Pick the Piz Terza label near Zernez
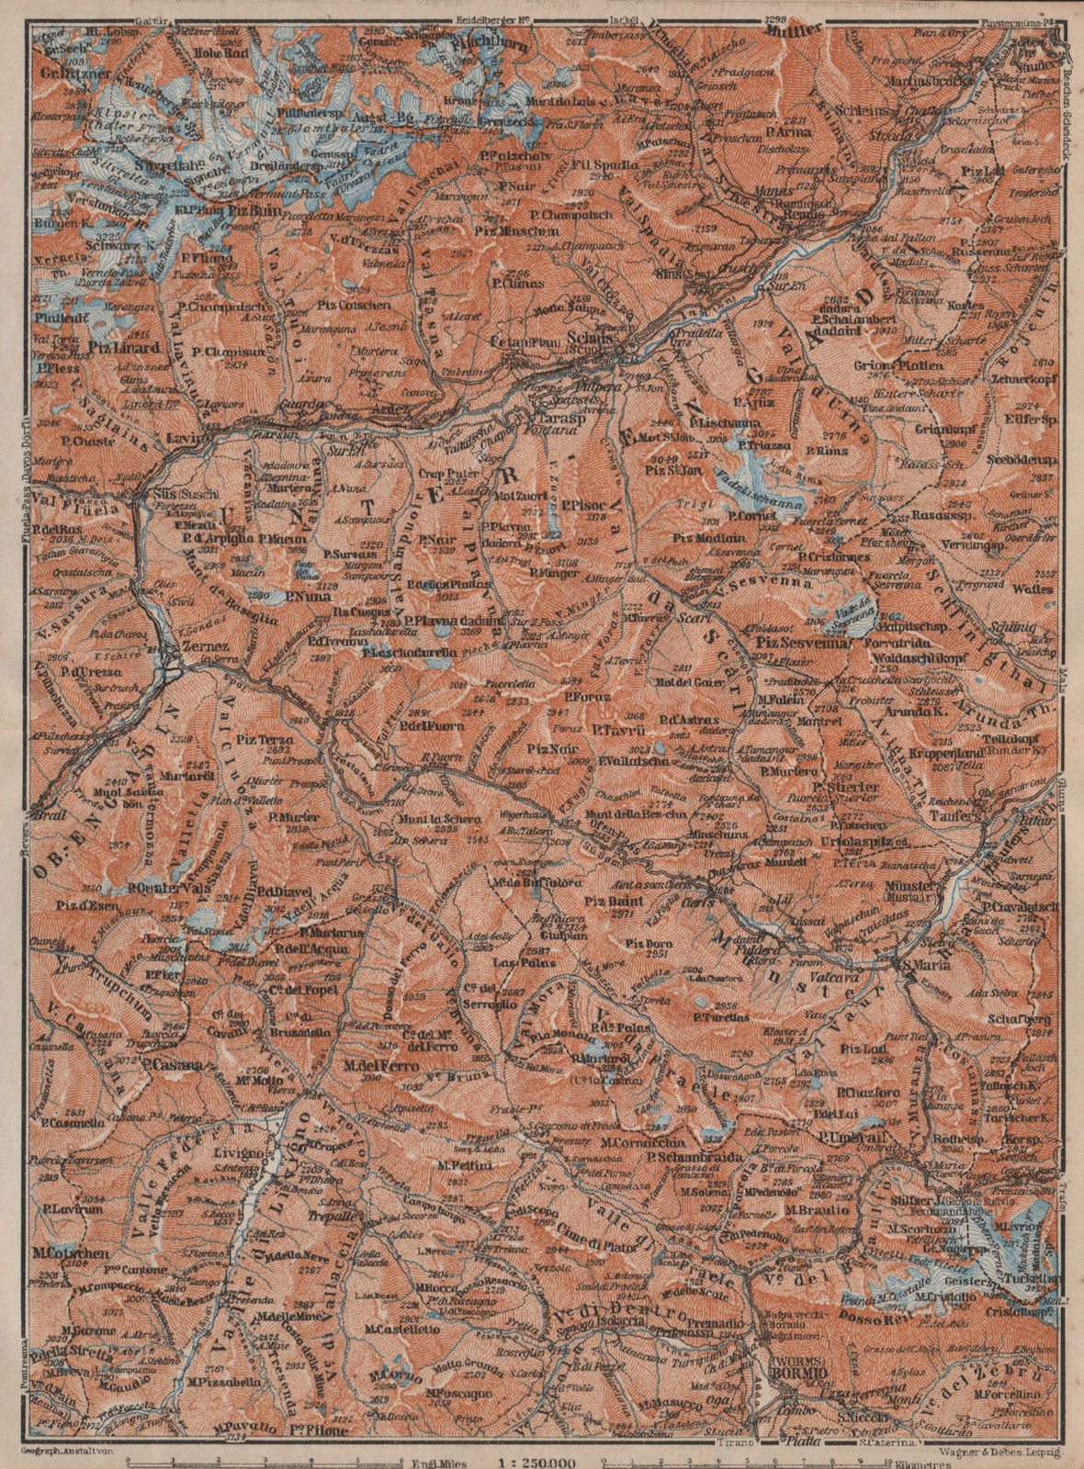[x=264, y=738]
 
